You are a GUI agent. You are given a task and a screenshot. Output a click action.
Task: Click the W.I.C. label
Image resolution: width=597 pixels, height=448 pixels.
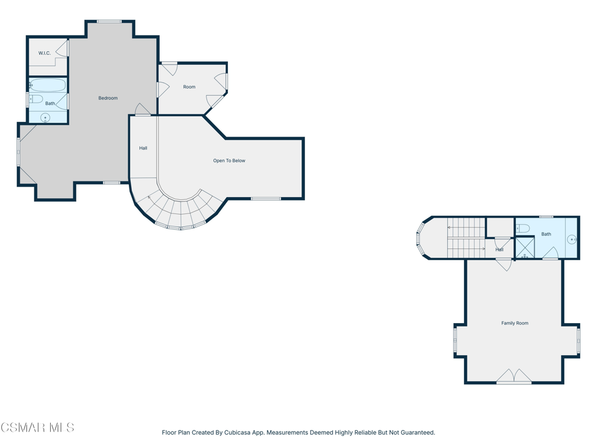click(x=44, y=53)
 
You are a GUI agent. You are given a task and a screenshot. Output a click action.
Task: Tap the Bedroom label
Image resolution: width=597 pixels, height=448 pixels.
click(x=108, y=98)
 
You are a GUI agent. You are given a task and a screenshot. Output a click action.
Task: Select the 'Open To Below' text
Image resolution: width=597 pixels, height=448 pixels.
click(x=229, y=160)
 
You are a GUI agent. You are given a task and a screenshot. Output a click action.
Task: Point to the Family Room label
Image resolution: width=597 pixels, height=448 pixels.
click(x=515, y=323)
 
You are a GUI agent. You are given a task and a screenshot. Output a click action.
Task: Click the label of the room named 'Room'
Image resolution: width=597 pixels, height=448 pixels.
click(x=189, y=87)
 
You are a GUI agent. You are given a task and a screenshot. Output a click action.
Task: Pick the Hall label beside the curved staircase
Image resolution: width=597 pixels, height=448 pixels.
click(x=143, y=148)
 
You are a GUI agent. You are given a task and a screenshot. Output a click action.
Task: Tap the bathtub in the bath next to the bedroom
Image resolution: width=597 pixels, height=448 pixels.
click(x=48, y=85)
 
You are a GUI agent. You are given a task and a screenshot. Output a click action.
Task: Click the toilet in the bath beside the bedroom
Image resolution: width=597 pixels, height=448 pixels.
click(x=36, y=99)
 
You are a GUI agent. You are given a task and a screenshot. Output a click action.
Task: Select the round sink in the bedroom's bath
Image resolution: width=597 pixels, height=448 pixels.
click(x=45, y=118)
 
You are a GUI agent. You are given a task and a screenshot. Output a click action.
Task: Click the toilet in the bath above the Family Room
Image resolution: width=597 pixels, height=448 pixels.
click(x=523, y=229)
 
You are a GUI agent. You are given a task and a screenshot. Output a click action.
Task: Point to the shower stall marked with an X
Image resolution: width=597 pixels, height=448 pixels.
click(x=525, y=247)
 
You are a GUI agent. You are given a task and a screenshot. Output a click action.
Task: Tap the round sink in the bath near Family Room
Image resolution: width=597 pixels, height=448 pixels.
click(x=572, y=239)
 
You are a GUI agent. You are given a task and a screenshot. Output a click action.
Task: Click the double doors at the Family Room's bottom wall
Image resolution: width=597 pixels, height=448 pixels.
click(x=514, y=376)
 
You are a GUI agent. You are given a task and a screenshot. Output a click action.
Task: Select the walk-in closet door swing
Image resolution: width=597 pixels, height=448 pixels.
click(x=62, y=48)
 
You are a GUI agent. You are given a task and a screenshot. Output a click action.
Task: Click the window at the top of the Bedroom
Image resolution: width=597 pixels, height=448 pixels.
click(x=109, y=22)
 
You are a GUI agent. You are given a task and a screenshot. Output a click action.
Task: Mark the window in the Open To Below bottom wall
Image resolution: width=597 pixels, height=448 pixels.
click(x=266, y=198)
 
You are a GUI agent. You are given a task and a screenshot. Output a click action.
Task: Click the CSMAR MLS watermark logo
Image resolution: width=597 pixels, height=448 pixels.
click(x=37, y=428)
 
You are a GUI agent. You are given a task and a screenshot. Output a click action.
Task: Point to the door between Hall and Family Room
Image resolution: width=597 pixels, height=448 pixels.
click(x=504, y=264)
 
